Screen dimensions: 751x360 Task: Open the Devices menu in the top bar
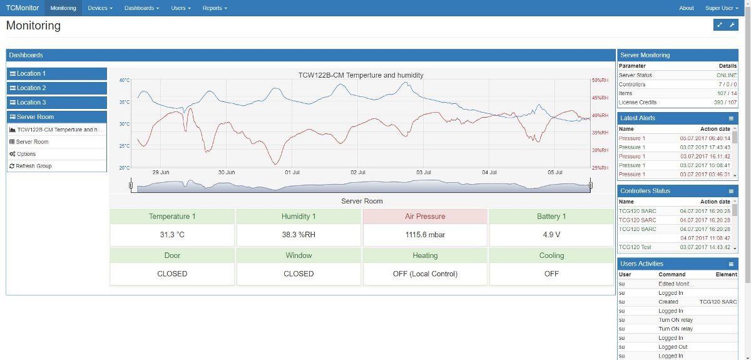pos(100,8)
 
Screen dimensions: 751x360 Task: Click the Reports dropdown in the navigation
pos(215,8)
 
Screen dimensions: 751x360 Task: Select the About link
pos(687,8)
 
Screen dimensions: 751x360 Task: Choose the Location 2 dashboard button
pos(57,88)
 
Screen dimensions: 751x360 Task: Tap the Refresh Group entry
pos(34,166)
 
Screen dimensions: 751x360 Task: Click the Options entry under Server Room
pos(26,154)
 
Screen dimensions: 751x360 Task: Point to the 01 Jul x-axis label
pos(292,172)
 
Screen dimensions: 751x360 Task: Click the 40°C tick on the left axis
pos(125,80)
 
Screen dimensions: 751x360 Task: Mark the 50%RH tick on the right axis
pos(600,80)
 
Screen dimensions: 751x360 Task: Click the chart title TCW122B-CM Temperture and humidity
pos(360,75)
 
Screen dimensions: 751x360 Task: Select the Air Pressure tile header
pos(425,217)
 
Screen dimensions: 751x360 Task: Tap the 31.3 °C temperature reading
pos(172,235)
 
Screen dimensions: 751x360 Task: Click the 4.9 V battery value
pos(551,235)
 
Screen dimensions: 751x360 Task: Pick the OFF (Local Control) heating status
pos(425,274)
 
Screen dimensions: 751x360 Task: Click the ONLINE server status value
pos(727,75)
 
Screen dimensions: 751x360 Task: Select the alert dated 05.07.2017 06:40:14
pos(705,138)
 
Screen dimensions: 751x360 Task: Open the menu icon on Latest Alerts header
pos(731,118)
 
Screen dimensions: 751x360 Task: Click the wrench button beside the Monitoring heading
pos(732,25)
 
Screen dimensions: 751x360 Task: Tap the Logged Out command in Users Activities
pos(673,347)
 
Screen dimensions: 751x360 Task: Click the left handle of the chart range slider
pos(131,185)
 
